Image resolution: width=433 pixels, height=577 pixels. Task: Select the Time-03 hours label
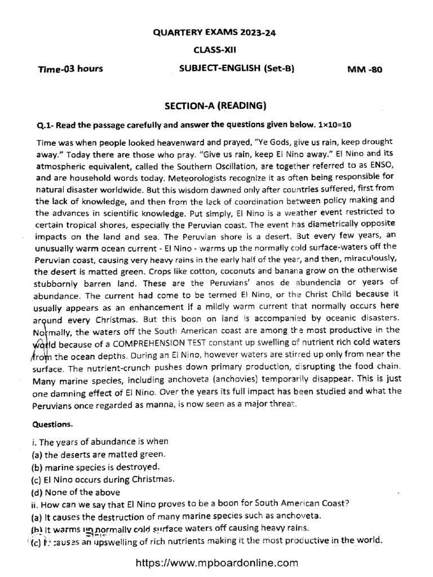70,70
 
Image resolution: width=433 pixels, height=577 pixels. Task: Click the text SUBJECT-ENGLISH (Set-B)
237,69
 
